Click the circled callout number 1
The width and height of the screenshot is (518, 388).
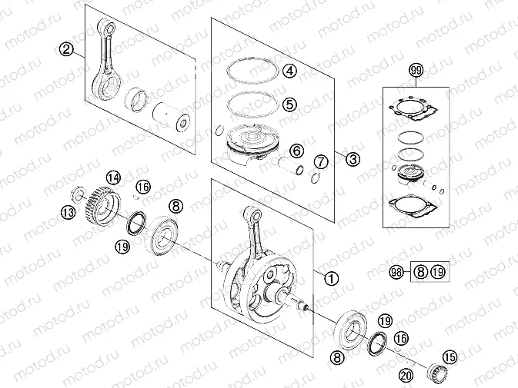coord(331,278)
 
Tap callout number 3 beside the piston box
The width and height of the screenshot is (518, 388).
coord(352,160)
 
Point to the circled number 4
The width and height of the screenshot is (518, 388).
coord(289,71)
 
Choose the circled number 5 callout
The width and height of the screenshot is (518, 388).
coord(289,103)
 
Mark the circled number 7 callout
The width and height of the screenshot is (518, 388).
coord(321,162)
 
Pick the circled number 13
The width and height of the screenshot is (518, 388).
coord(69,212)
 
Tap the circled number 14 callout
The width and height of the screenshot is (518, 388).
coord(113,178)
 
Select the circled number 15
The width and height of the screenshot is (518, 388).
coord(449,356)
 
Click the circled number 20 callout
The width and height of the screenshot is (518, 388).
coord(406,375)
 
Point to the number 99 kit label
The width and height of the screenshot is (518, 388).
coord(416,72)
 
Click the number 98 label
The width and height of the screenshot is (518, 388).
coord(396,272)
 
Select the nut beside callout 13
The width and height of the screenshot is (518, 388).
coord(79,193)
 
